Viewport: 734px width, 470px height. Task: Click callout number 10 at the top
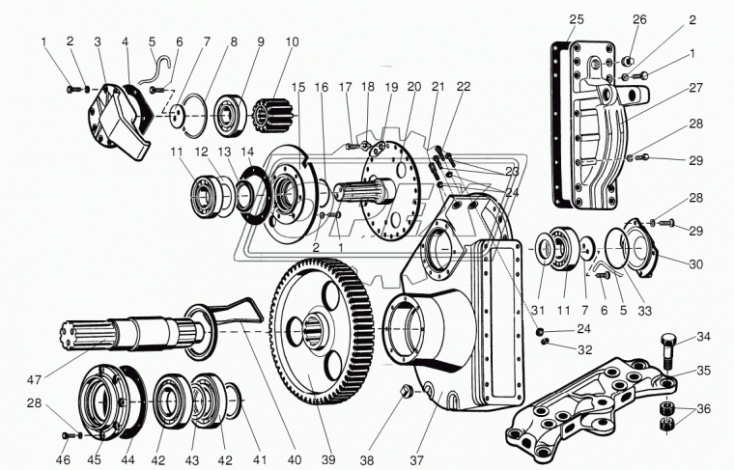click(x=292, y=42)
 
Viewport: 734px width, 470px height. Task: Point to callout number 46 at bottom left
click(x=63, y=459)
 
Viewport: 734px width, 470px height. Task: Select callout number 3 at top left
click(x=98, y=41)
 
